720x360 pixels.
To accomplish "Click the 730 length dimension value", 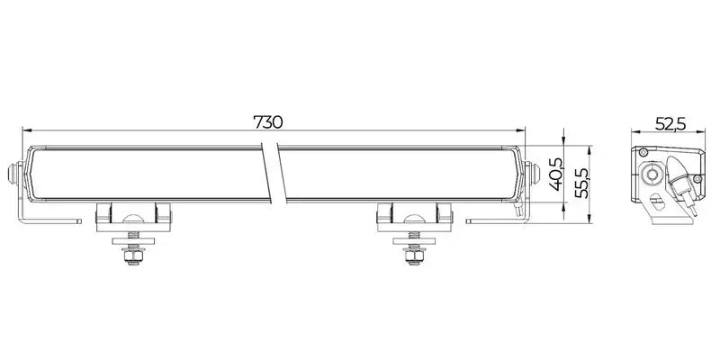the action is pyautogui.click(x=268, y=122).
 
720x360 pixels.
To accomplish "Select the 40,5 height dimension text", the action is pyautogui.click(x=555, y=174).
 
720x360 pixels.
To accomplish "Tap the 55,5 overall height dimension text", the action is pyautogui.click(x=581, y=183).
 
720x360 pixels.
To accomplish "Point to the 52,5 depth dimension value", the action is pyautogui.click(x=670, y=124).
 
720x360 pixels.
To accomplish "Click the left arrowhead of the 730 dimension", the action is pyautogui.click(x=27, y=130).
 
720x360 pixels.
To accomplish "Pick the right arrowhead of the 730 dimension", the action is pyautogui.click(x=521, y=130).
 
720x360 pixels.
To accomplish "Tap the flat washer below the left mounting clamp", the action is pyautogui.click(x=133, y=241).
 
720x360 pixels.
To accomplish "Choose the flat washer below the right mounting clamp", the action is pyautogui.click(x=414, y=241).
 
